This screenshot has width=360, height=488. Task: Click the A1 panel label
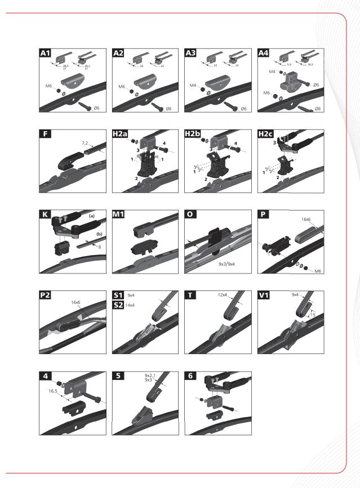coord(46,53)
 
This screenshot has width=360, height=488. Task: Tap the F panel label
coord(45,134)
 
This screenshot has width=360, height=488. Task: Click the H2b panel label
coord(193,134)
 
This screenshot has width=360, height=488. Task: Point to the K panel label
coord(45,214)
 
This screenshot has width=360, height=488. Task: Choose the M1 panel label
coord(119,214)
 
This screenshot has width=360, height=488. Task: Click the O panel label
coord(190,214)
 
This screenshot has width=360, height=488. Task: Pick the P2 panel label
coord(46,295)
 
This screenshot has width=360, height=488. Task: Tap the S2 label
coord(118,305)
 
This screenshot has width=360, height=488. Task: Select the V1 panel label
coord(264,295)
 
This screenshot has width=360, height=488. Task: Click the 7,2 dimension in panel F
coord(86,143)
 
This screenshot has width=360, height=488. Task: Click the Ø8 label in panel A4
coord(318,109)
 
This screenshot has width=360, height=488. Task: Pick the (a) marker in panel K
coord(91,216)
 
